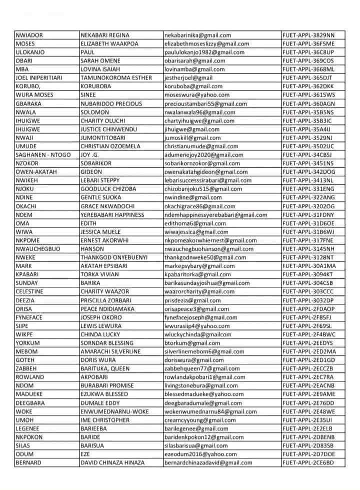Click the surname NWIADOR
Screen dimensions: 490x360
[x=29, y=36]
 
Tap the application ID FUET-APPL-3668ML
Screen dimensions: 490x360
[x=308, y=70]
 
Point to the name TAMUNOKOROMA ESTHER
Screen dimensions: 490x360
[x=112, y=78]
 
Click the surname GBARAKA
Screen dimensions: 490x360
[x=28, y=104]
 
